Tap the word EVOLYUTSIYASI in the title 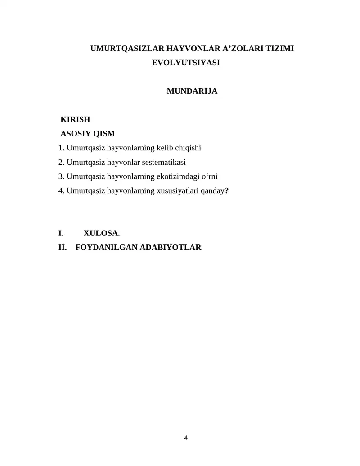pos(186,63)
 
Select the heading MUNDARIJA pos(192,91)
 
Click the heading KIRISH pos(75,120)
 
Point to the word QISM pos(104,134)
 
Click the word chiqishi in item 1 pos(188,148)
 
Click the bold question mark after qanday pos(227,191)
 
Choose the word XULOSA pos(102,233)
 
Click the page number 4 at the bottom pos(186,438)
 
